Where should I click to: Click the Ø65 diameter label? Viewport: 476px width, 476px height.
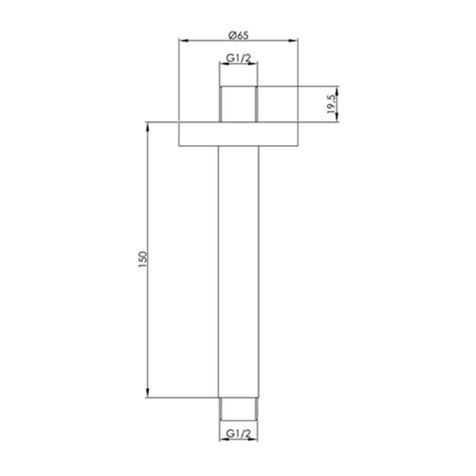[238, 35]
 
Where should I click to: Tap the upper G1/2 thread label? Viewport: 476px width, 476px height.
[238, 58]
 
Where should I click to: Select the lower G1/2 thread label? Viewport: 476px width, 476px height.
[238, 433]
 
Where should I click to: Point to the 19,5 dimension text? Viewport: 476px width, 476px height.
[331, 104]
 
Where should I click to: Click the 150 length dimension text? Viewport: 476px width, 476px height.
[143, 259]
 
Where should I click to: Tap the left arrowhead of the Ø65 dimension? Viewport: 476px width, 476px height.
[184, 40]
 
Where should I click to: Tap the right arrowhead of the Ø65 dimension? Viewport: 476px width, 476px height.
[293, 40]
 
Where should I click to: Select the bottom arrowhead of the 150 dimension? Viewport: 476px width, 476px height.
[148, 392]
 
